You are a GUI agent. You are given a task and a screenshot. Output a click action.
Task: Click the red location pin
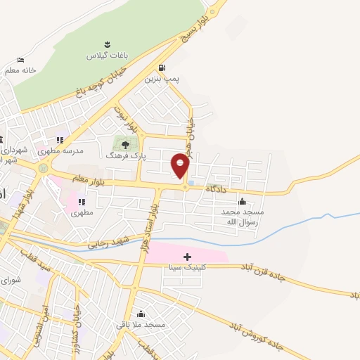[181, 165]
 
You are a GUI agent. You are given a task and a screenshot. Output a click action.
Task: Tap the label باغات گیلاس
[103, 55]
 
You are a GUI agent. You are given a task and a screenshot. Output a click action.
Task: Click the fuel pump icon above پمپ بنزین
[163, 68]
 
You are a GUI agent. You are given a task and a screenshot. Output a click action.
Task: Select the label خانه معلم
[20, 70]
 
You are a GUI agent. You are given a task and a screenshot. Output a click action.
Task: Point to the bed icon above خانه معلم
[20, 60]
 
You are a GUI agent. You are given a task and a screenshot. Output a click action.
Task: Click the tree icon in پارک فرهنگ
[126, 145]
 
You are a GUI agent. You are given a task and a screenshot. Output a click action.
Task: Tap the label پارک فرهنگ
[125, 156]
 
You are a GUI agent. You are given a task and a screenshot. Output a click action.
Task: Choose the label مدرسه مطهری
[65, 150]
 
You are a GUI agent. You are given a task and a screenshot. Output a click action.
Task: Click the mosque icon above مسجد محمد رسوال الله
[243, 201]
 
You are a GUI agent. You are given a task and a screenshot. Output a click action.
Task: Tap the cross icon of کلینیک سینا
[186, 257]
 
